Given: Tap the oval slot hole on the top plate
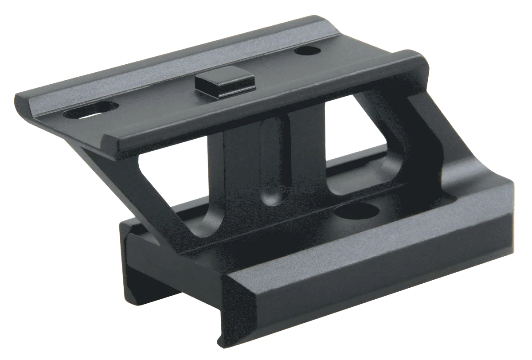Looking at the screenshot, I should click(91, 110).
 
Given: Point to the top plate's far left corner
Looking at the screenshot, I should click(18, 95).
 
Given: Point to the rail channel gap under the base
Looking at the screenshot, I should click(186, 284).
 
